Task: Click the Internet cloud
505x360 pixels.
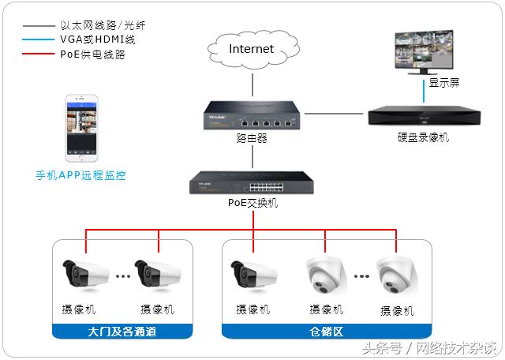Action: pos(252,50)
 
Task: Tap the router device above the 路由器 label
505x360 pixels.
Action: pos(252,115)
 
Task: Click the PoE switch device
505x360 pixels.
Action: pos(252,184)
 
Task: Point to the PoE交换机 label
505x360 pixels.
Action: pos(252,204)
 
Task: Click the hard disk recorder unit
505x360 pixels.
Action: pos(423,115)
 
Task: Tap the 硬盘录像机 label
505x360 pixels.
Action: pos(423,137)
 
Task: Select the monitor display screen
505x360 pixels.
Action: pos(425,51)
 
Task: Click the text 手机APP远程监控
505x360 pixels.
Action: pos(80,175)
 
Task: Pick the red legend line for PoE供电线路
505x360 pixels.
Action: pos(37,55)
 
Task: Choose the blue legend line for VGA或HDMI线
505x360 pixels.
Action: pos(37,40)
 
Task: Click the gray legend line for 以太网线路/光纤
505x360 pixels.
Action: pos(37,25)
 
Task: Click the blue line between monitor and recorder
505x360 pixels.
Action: pos(425,95)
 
